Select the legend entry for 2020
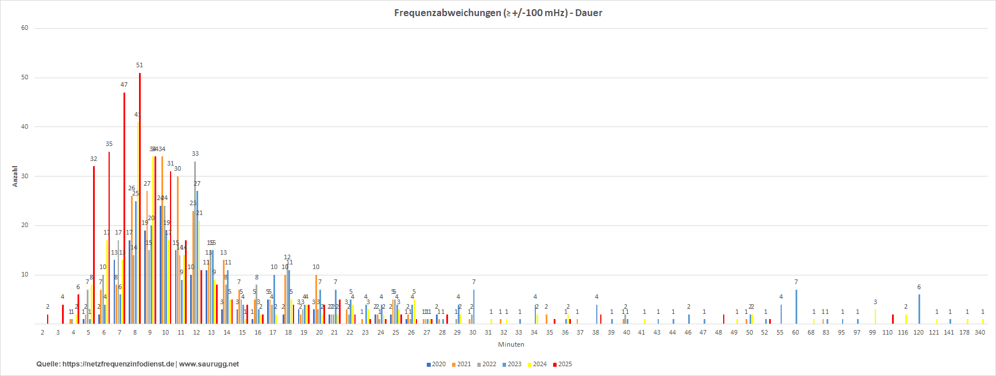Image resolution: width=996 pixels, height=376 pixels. point(436,364)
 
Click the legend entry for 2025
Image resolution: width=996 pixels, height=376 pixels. point(562,364)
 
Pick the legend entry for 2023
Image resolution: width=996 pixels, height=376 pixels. point(512,364)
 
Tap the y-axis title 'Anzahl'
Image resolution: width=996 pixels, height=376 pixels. point(15,177)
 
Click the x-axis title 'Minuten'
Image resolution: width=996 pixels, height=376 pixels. point(511,344)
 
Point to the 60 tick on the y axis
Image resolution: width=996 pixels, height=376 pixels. point(25,28)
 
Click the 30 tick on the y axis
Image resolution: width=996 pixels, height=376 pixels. point(25,176)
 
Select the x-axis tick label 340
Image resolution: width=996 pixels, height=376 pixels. point(979,332)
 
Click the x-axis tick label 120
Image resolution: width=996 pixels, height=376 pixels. point(918,332)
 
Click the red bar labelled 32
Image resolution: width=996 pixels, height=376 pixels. point(94,245)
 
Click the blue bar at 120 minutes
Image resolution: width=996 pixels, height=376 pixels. point(919,309)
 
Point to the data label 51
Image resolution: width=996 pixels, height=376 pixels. point(140,66)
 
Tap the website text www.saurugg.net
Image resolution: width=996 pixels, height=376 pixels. point(209,364)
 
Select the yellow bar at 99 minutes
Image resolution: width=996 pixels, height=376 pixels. point(875,317)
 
